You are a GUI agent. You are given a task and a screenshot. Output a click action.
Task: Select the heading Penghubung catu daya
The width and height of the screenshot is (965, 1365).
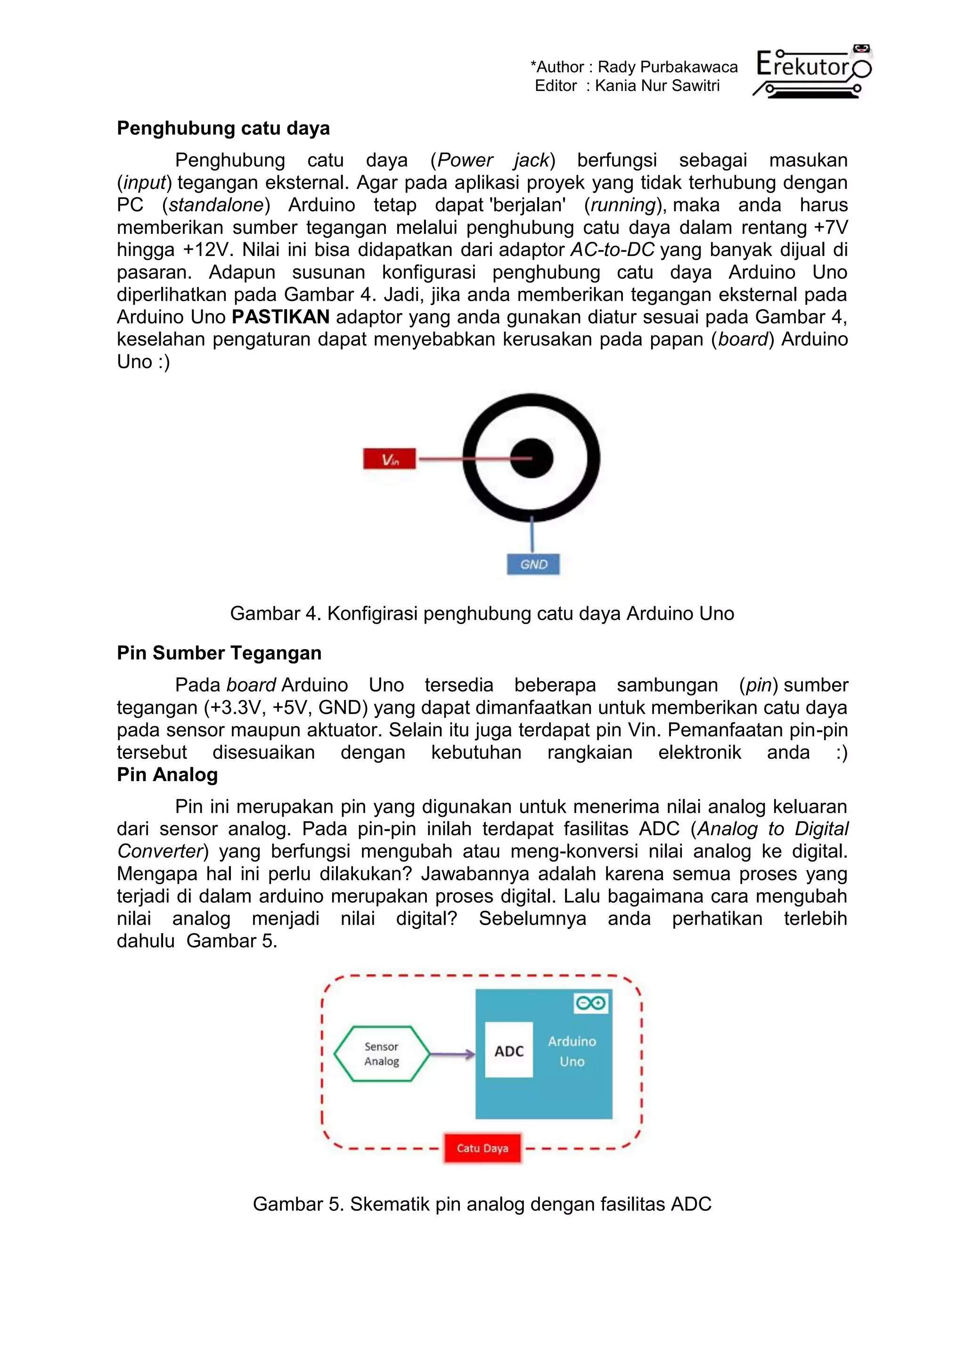223,128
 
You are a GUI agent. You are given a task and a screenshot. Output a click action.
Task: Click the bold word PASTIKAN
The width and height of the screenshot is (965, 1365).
280,317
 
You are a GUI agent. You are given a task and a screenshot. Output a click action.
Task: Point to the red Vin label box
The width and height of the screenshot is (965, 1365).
389,460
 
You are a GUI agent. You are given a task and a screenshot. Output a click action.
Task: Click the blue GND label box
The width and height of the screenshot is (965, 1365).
533,564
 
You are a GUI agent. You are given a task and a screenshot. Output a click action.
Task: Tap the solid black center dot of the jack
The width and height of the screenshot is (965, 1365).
531,458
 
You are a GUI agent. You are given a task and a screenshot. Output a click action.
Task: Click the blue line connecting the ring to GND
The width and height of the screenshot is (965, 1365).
532,535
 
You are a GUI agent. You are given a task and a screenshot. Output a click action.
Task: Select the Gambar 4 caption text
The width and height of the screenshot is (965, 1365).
482,614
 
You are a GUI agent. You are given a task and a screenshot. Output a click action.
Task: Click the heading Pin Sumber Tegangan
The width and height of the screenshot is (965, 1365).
219,653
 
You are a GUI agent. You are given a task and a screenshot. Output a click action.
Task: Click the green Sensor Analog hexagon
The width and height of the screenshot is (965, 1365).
382,1054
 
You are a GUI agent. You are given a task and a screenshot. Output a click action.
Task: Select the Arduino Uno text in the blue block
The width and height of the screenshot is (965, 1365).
572,1051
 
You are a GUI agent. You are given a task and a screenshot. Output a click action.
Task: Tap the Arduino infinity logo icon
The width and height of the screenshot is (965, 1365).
591,1003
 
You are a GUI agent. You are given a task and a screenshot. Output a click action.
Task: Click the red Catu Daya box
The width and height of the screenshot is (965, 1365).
482,1148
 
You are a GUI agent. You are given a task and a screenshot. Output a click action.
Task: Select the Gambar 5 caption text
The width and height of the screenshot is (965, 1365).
482,1204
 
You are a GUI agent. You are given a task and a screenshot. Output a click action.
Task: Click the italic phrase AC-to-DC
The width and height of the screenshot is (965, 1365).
612,250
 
